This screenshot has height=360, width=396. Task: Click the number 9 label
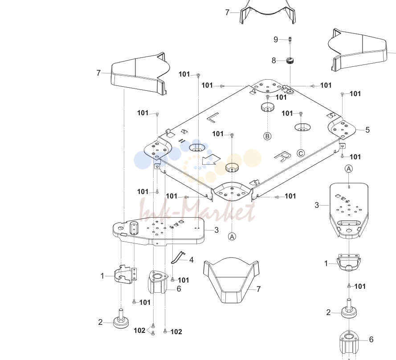(x=276, y=40)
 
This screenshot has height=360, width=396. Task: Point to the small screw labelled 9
(x=290, y=40)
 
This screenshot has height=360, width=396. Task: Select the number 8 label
(x=274, y=61)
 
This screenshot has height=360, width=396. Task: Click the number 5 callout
(x=367, y=130)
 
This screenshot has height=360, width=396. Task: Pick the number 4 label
(x=192, y=260)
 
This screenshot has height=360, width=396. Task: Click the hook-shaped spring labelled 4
(x=178, y=257)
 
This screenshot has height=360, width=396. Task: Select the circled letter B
(x=267, y=136)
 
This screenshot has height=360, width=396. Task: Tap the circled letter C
(x=301, y=154)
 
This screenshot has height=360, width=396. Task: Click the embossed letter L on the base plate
(x=213, y=118)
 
